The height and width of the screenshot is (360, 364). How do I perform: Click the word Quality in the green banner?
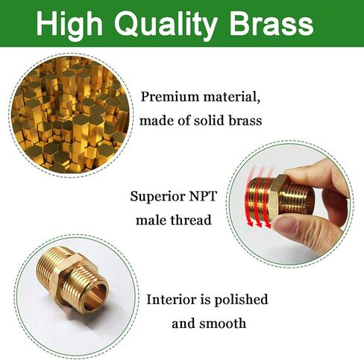tap(166, 25)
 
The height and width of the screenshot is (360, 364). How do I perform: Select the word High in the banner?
tap(69, 25)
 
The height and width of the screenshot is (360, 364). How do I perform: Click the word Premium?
tap(170, 97)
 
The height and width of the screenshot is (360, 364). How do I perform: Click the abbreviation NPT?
tap(203, 196)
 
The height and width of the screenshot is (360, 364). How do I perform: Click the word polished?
tap(241, 300)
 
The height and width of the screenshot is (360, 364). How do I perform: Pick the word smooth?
tap(222, 323)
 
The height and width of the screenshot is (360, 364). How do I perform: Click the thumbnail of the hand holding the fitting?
tap(289, 204)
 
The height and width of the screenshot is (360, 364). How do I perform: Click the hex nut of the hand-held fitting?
tap(276, 196)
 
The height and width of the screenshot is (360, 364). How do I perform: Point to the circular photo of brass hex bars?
tap(71, 115)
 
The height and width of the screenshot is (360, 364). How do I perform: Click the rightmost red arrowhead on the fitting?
tap(268, 225)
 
